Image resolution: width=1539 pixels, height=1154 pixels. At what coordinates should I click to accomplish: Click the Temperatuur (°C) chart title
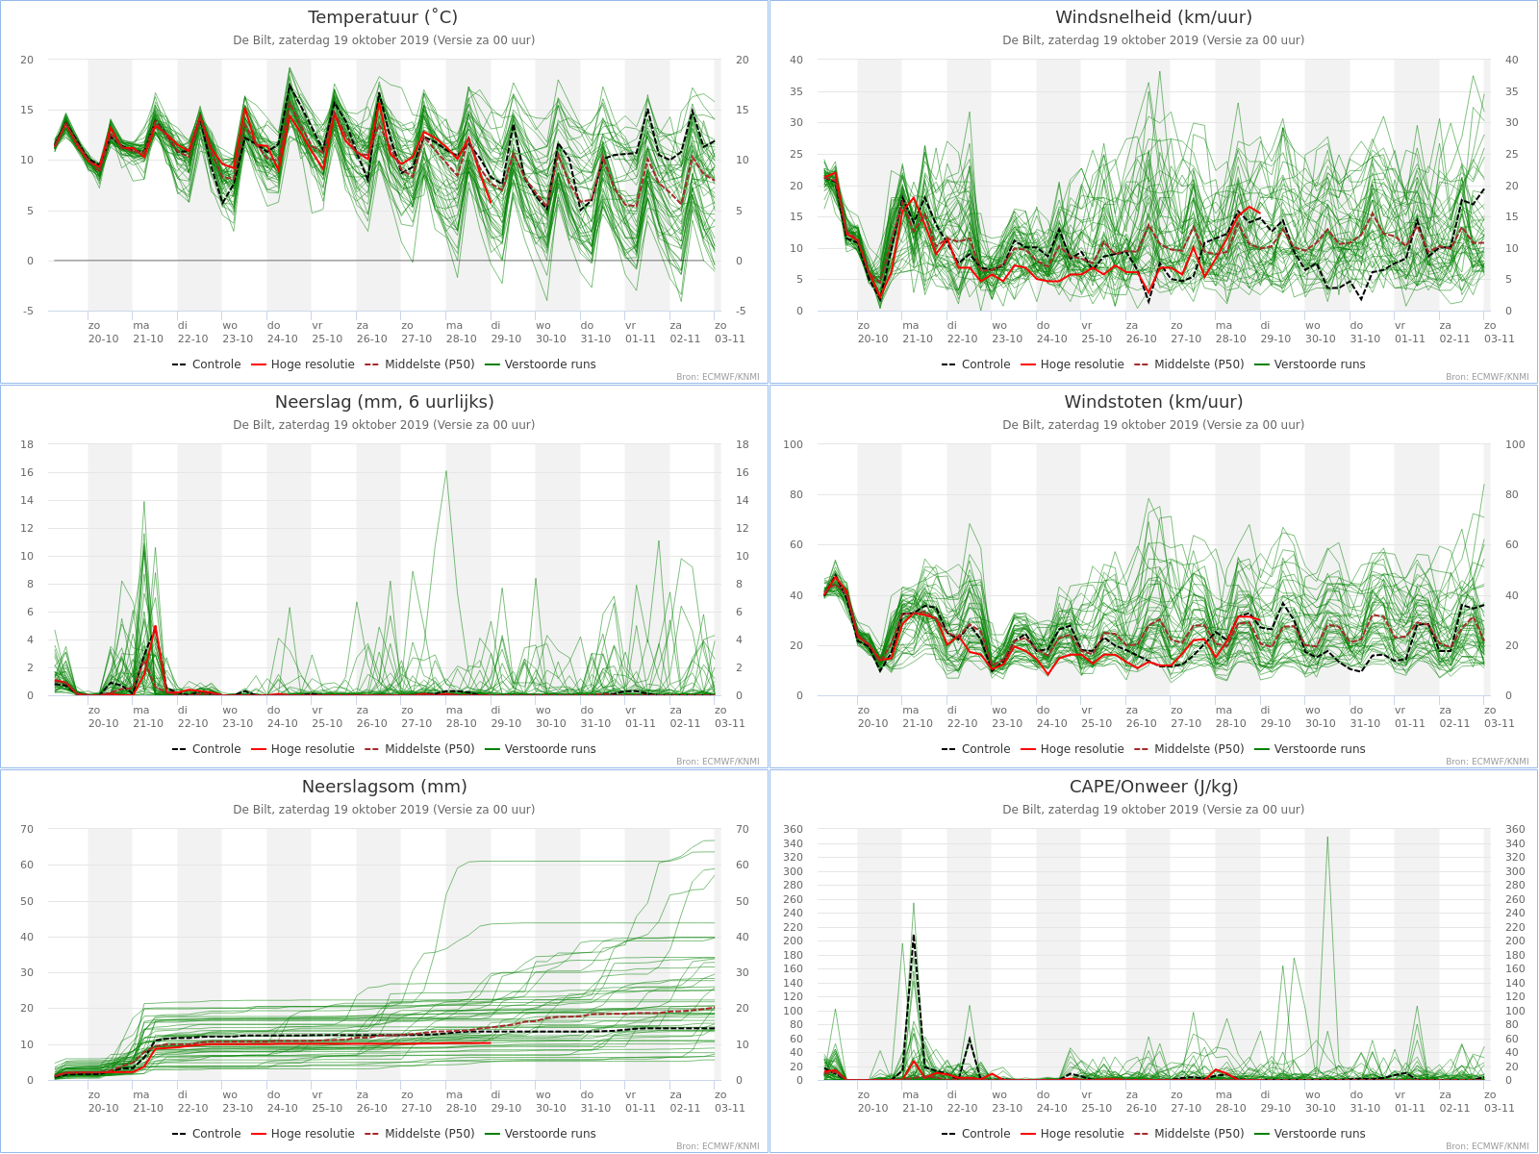[x=383, y=16]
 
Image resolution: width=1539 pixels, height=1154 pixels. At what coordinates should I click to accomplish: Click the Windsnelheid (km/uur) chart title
[x=1153, y=16]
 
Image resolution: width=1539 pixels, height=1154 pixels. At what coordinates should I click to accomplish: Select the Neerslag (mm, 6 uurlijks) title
[x=384, y=401]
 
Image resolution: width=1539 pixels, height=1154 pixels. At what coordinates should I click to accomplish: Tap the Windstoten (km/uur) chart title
[x=1153, y=401]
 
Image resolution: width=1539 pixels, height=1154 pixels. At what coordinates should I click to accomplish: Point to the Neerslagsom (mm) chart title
[x=384, y=786]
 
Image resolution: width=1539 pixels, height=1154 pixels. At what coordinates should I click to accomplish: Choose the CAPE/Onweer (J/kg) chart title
[x=1153, y=786]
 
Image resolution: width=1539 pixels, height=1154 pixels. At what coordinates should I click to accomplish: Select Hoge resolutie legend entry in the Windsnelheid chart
[x=1072, y=364]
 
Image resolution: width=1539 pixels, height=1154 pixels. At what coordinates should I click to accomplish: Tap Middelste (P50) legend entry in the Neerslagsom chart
[x=419, y=1134]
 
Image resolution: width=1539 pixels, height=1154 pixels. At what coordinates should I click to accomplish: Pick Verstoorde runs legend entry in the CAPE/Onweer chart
[x=1309, y=1134]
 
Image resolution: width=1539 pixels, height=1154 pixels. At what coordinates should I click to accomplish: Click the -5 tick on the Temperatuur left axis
[x=27, y=311]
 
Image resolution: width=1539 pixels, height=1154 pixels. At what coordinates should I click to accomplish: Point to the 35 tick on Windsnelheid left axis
[x=795, y=91]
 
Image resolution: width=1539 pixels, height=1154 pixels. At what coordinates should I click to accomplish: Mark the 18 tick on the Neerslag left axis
[x=27, y=444]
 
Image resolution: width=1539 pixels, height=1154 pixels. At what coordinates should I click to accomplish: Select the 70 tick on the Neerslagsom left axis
[x=27, y=829]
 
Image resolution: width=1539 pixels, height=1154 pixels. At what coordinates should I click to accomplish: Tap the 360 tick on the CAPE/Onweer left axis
[x=793, y=829]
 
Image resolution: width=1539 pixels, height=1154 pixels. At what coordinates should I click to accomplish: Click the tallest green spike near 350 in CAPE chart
[x=1327, y=838]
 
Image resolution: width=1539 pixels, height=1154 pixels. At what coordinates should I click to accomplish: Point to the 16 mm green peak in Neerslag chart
[x=446, y=471]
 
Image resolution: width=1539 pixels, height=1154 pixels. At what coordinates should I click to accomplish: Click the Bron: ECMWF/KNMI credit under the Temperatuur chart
[x=718, y=377]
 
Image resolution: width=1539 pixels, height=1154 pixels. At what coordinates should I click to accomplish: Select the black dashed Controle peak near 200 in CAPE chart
[x=913, y=936]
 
